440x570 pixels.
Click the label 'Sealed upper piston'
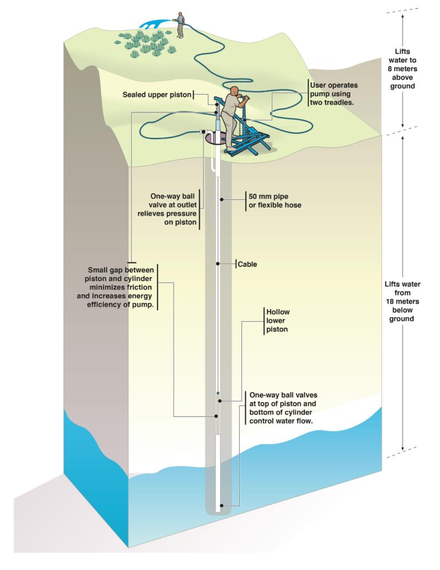click(157, 95)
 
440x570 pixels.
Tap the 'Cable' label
click(248, 264)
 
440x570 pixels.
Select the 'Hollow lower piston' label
click(277, 321)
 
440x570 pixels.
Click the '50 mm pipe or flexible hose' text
click(275, 201)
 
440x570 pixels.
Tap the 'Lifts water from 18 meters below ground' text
click(403, 301)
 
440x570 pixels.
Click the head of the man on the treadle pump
click(235, 90)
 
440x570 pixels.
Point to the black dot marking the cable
click(218, 264)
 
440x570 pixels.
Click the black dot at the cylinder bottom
click(222, 505)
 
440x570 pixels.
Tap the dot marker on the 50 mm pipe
click(221, 198)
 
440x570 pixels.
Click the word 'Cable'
click(248, 264)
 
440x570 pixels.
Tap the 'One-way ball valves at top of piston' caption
click(283, 408)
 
